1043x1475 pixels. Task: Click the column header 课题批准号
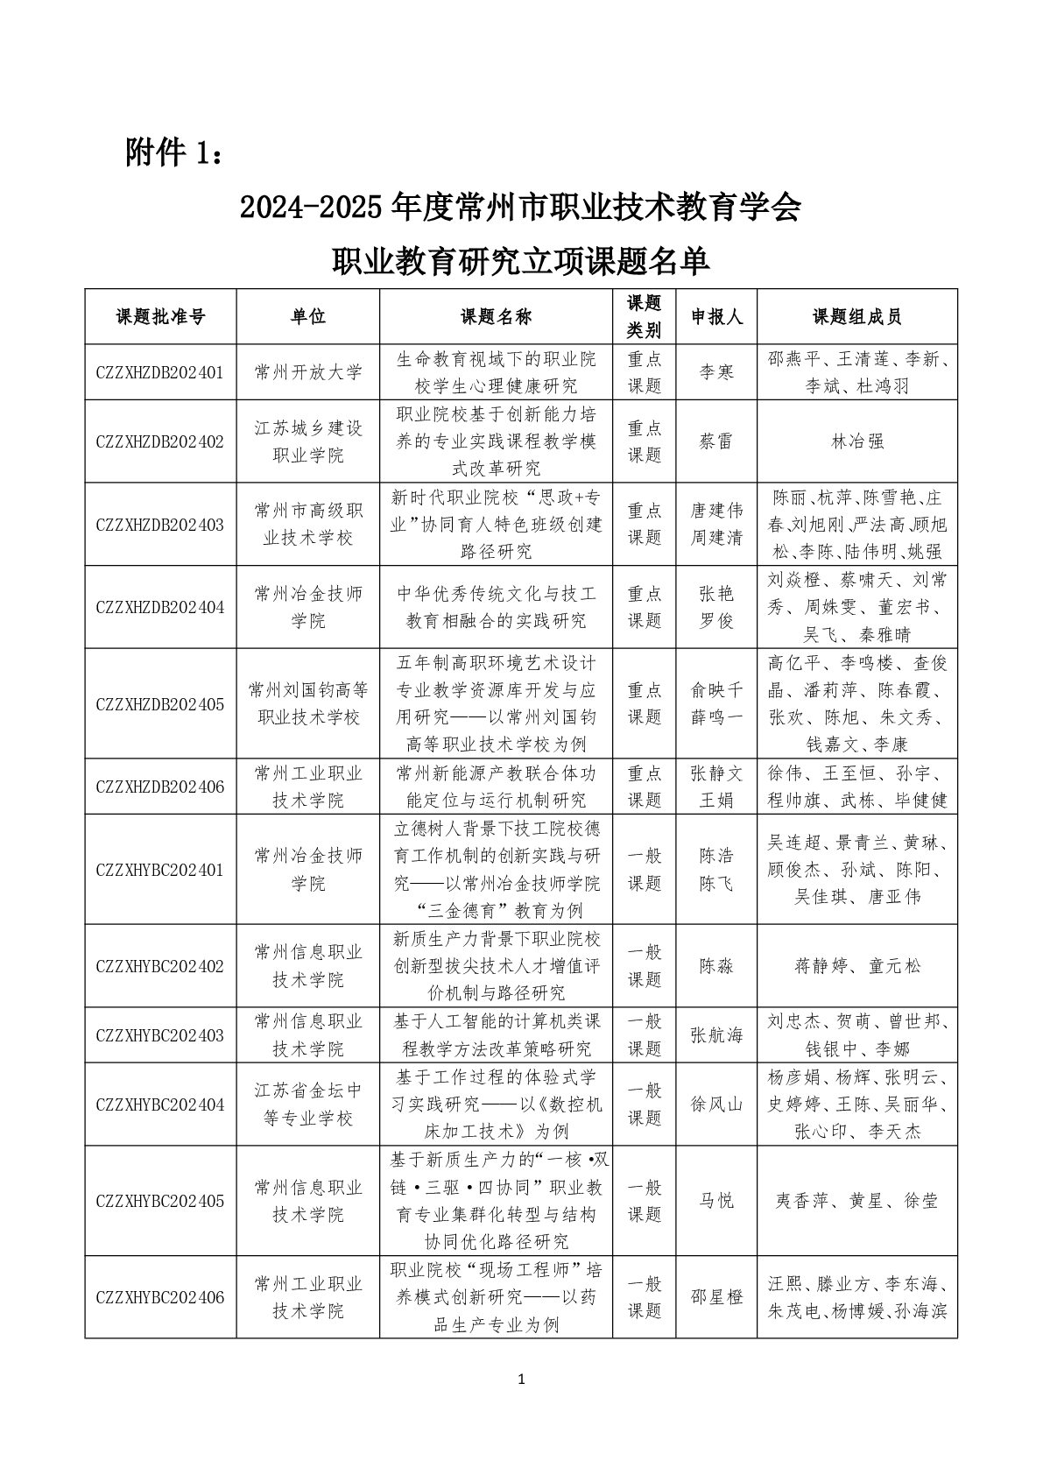click(160, 317)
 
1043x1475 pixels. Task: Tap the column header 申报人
click(716, 317)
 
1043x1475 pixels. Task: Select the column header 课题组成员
click(856, 317)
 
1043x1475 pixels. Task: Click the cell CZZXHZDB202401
click(160, 372)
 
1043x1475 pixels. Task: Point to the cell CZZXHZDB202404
click(160, 607)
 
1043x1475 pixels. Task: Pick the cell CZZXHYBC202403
click(160, 1035)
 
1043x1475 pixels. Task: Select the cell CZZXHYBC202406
click(160, 1297)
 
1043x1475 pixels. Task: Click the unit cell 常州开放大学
click(307, 372)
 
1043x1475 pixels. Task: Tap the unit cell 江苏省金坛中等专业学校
click(307, 1104)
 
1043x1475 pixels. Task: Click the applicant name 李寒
click(716, 372)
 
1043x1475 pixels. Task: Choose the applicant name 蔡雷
click(716, 441)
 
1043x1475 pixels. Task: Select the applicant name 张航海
click(716, 1035)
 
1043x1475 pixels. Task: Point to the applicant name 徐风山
click(716, 1104)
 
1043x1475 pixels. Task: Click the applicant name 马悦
click(716, 1201)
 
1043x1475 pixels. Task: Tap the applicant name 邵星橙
click(716, 1297)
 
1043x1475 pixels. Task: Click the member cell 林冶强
click(856, 441)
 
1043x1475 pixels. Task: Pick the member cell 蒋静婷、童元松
click(856, 966)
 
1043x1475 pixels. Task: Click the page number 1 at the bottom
click(522, 1380)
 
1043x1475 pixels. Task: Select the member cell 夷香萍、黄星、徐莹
click(856, 1201)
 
